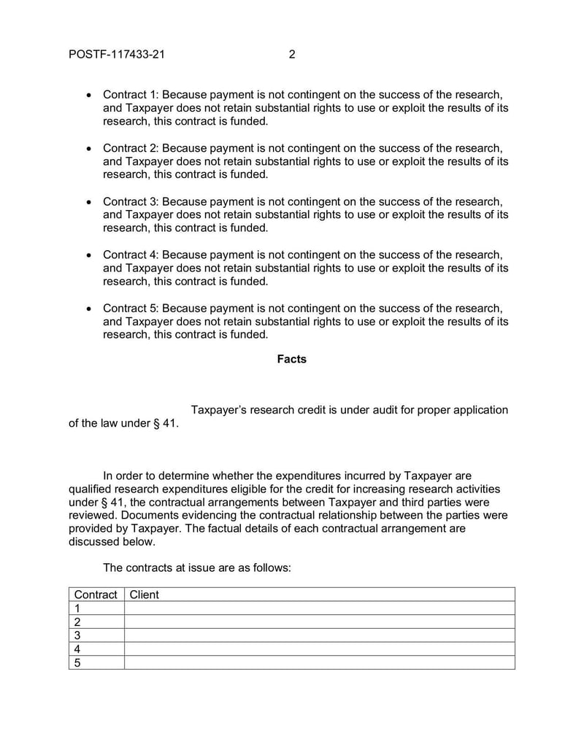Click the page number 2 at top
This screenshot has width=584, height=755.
coord(292,54)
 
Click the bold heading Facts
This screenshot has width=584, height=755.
coord(292,359)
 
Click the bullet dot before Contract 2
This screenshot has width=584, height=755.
coord(88,149)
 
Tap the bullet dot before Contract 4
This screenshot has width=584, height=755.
coord(88,255)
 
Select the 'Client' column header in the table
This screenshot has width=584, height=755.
coord(144,595)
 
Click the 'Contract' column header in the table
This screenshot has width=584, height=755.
coord(96,595)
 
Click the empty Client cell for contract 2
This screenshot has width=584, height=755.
coord(319,622)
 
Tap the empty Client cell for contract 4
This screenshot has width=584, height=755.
coord(319,649)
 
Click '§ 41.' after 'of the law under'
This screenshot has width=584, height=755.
coord(165,424)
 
